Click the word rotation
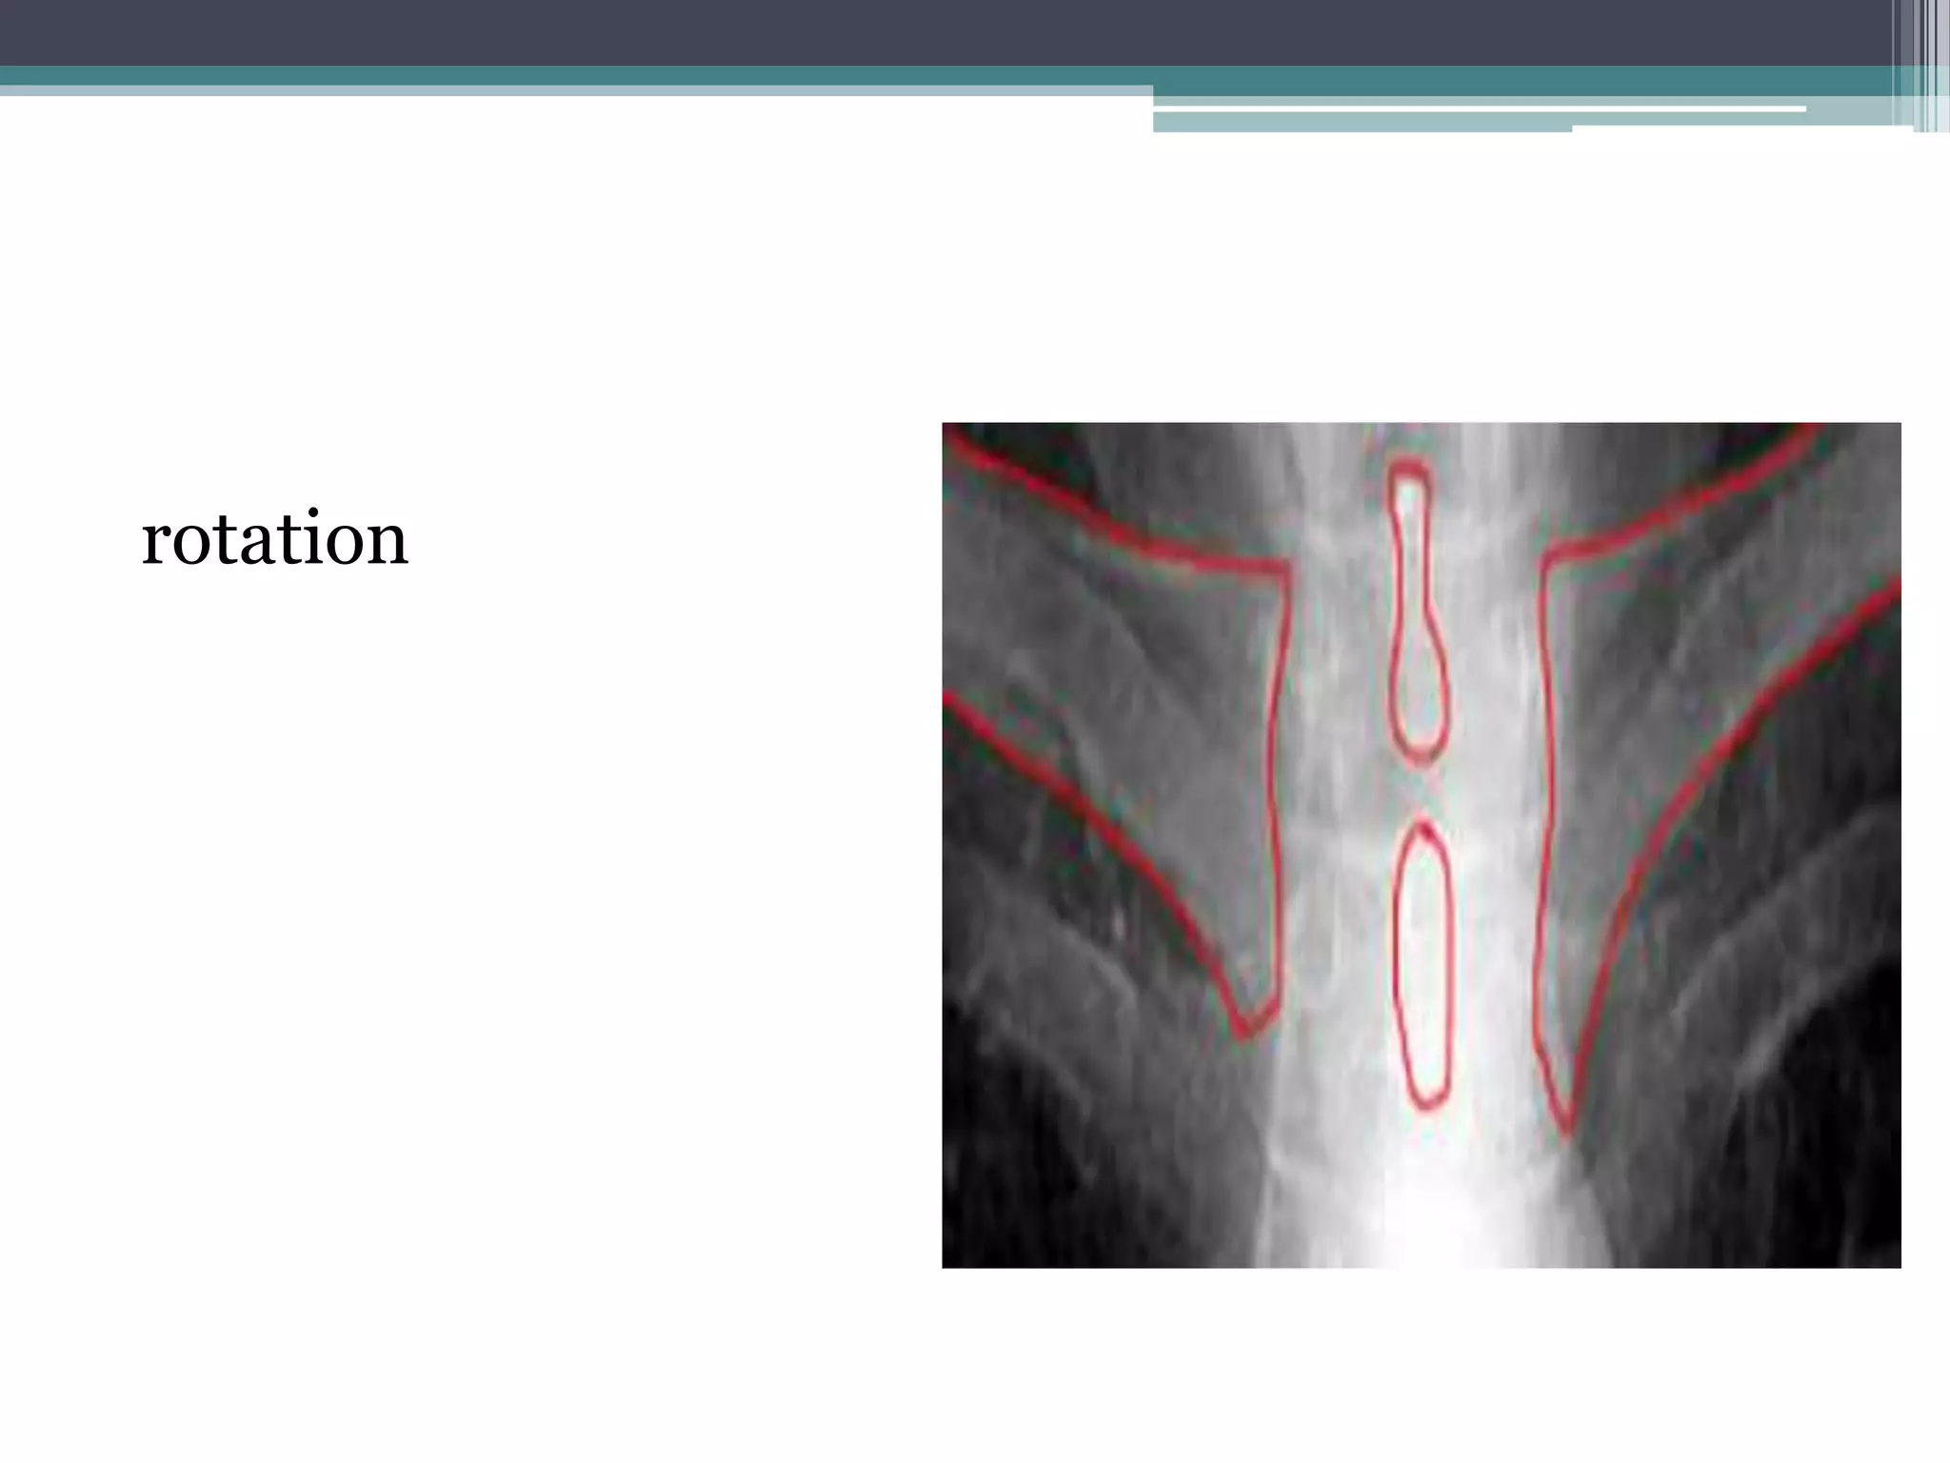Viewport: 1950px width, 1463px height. (274, 539)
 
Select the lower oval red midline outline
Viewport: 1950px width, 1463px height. (1423, 967)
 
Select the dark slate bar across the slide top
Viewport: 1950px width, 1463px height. (952, 31)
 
